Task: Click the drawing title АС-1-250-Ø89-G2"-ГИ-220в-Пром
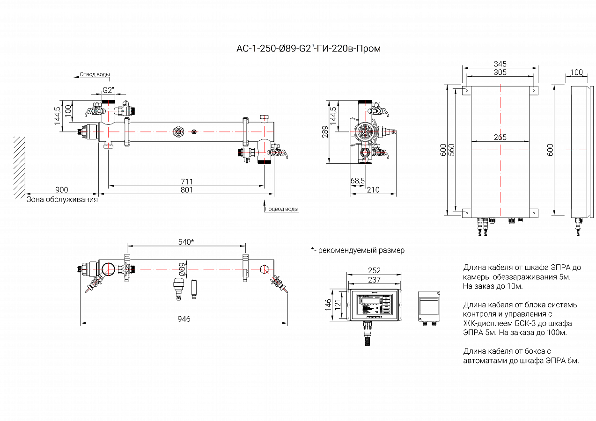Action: (309, 49)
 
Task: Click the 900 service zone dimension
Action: (62, 189)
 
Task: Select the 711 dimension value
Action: (186, 181)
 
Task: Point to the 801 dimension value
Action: (186, 189)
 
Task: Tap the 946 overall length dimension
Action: (184, 319)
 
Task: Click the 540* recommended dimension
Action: (186, 242)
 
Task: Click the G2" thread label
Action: (108, 90)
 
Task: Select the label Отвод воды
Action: (95, 74)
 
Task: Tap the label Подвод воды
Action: (281, 209)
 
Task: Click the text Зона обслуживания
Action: (62, 199)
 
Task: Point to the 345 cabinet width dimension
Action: (500, 64)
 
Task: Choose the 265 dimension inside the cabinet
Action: (500, 138)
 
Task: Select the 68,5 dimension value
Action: (358, 180)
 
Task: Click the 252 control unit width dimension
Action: (374, 270)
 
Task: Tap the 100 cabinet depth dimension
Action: (577, 72)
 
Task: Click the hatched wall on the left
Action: (19, 166)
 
